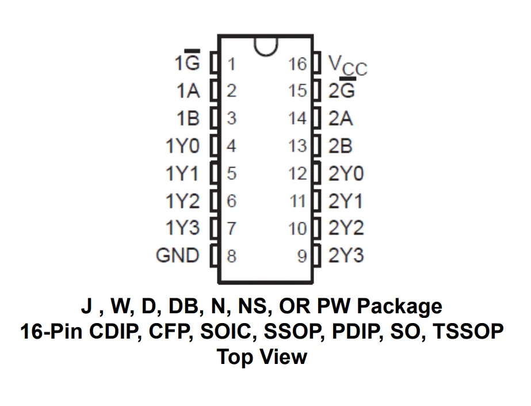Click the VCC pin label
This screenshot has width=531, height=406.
(x=347, y=65)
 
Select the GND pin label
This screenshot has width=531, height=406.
(x=177, y=255)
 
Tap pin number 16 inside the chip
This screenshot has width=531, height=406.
(x=298, y=63)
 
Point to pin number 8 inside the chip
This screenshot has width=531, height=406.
(x=231, y=256)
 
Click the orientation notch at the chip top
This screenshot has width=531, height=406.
(x=265, y=46)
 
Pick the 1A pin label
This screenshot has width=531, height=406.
(x=188, y=91)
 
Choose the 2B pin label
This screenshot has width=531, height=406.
(x=340, y=146)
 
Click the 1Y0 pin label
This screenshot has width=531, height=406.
(x=182, y=146)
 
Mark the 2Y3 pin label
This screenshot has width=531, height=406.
(x=346, y=255)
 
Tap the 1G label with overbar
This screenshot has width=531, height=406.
(x=188, y=62)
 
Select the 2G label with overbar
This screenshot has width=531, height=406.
(x=341, y=90)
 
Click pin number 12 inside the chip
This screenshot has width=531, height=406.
(x=298, y=173)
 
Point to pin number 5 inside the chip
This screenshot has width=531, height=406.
(x=231, y=173)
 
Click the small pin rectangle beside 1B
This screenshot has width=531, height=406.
(x=214, y=119)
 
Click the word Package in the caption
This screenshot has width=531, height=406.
(x=399, y=306)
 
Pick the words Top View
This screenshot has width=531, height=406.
(x=262, y=357)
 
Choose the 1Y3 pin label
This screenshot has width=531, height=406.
(x=182, y=228)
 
